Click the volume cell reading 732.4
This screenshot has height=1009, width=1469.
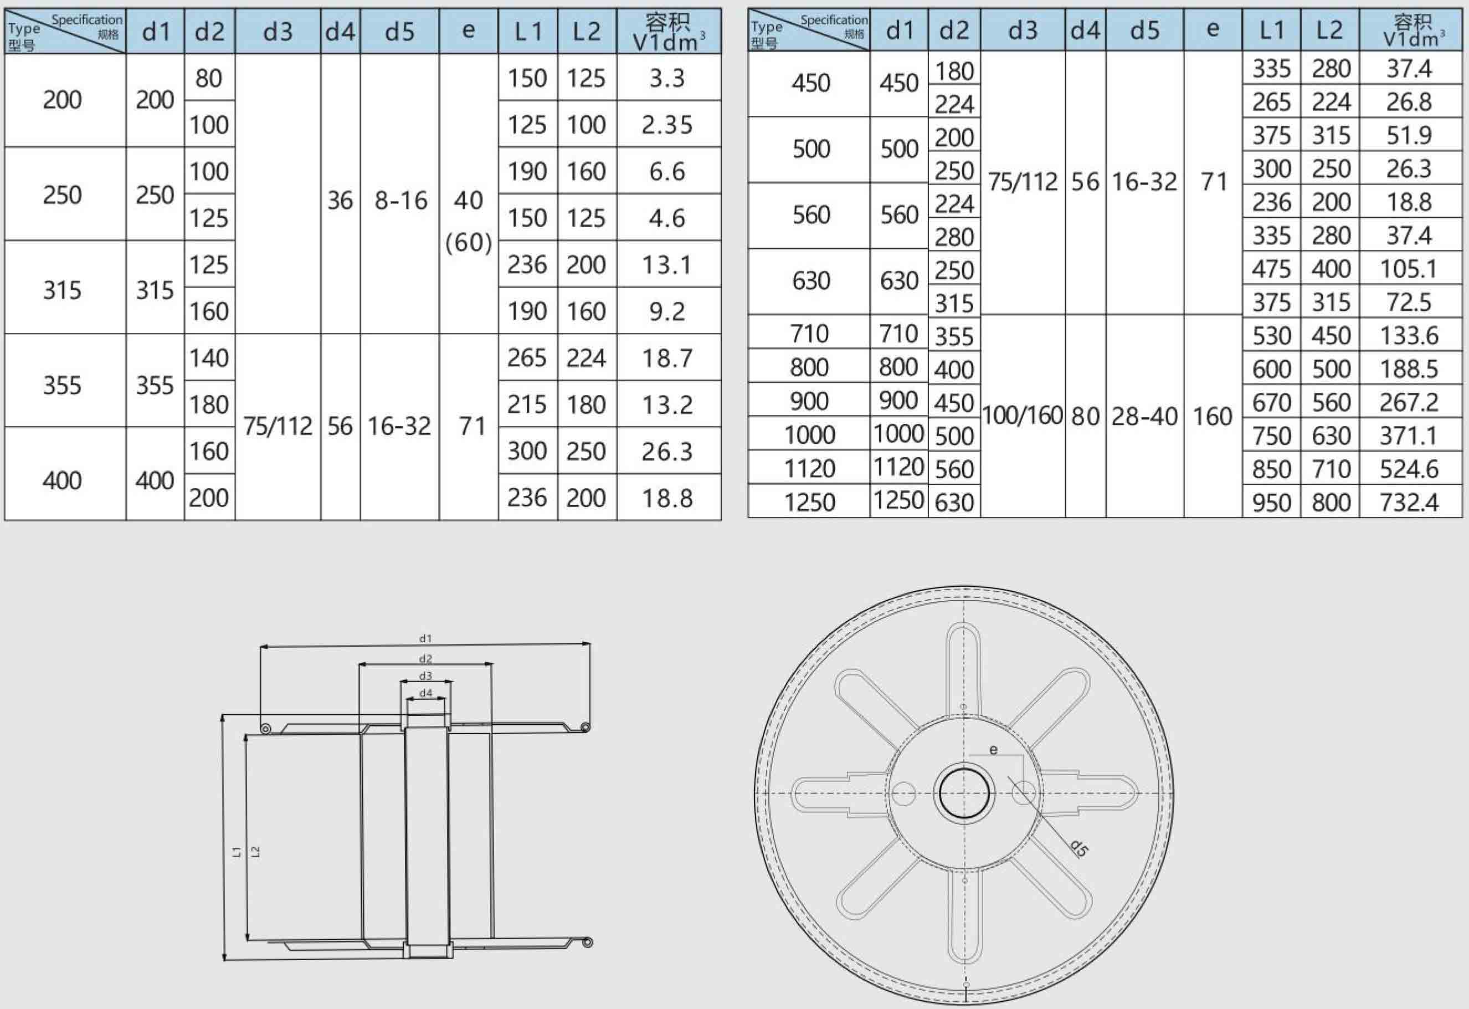pyautogui.click(x=1409, y=503)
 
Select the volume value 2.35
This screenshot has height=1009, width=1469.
pyautogui.click(x=667, y=125)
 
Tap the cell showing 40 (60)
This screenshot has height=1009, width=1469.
pyautogui.click(x=469, y=221)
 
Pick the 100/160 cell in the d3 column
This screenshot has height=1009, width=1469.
pyautogui.click(x=1022, y=416)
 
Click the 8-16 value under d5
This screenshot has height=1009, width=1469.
pyautogui.click(x=400, y=201)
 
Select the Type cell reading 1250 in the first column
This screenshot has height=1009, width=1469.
pyautogui.click(x=809, y=503)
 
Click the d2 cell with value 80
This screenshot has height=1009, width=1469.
pyautogui.click(x=209, y=78)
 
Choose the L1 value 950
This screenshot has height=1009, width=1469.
pyautogui.click(x=1271, y=503)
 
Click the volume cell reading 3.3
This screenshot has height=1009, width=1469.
pyautogui.click(x=667, y=78)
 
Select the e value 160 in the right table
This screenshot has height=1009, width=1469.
pyautogui.click(x=1213, y=416)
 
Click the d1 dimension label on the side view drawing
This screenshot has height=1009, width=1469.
pyautogui.click(x=425, y=638)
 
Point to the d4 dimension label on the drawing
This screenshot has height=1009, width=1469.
pyautogui.click(x=425, y=693)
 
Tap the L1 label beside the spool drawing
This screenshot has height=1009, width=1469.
pyautogui.click(x=237, y=852)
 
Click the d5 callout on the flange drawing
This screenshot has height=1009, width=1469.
pyautogui.click(x=1078, y=848)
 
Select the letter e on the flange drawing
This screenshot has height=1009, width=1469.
pyautogui.click(x=994, y=750)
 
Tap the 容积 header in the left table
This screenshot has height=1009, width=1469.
pyautogui.click(x=667, y=23)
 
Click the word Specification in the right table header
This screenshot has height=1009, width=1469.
pyautogui.click(x=834, y=19)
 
